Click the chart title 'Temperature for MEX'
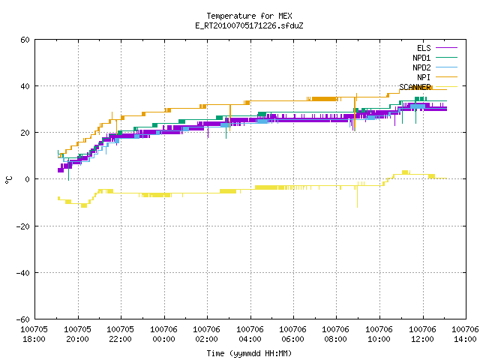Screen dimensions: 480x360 (249, 16)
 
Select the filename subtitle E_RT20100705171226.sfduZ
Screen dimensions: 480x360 (249, 25)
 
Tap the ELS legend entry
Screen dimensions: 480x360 (437, 48)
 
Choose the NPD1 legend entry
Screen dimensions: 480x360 (435, 58)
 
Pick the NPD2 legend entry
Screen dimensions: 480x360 (435, 67)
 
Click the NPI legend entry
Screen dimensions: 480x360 (437, 77)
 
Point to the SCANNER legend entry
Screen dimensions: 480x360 (428, 87)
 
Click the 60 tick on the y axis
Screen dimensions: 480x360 (25, 40)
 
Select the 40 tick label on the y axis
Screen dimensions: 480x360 (25, 86)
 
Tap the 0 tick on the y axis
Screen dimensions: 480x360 (27, 179)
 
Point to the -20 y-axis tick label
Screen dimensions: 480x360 (23, 226)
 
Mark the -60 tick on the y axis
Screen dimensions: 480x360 (23, 319)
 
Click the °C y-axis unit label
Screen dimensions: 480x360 (8, 180)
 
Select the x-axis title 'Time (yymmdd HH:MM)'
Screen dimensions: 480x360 (249, 353)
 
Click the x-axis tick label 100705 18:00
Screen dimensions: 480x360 (34, 334)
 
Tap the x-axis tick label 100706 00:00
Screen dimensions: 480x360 (163, 334)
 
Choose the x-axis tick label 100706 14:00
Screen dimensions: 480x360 (465, 334)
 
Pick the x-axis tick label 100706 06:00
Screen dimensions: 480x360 (293, 334)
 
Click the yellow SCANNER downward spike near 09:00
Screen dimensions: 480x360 (357, 196)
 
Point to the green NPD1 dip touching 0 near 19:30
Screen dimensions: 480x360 (68, 169)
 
